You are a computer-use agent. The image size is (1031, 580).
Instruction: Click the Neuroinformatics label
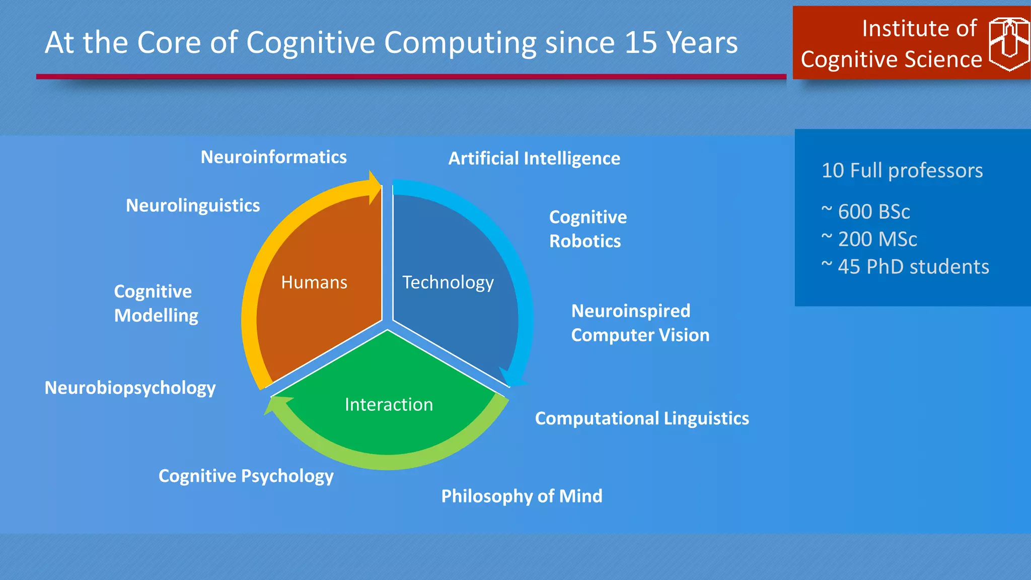click(273, 157)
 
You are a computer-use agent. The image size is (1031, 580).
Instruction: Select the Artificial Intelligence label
click(534, 159)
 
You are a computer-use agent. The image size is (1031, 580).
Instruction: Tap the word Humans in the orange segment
click(314, 282)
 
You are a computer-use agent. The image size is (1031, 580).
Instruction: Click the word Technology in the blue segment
click(448, 282)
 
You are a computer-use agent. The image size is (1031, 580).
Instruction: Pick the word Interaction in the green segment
click(389, 405)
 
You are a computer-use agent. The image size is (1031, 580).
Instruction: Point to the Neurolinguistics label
click(193, 205)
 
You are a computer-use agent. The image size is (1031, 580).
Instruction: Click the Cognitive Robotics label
click(587, 229)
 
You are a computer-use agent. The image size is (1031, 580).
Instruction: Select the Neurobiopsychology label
click(130, 388)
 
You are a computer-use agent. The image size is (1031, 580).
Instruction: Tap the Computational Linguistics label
click(642, 418)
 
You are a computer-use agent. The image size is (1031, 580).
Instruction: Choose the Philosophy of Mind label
click(522, 496)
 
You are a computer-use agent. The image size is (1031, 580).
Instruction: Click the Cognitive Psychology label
click(246, 476)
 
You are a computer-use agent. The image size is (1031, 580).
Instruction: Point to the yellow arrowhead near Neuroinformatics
click(375, 187)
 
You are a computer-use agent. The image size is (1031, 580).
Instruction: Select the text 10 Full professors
click(902, 171)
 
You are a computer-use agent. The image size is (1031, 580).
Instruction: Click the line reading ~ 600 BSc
click(866, 211)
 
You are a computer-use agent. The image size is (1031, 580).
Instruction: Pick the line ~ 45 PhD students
click(905, 267)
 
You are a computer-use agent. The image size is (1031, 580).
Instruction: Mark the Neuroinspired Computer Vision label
click(640, 323)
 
